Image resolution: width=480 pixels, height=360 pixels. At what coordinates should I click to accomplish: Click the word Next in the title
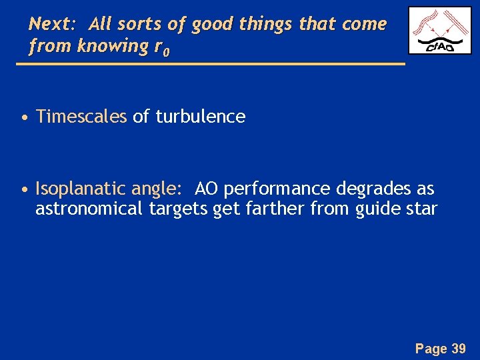(x=51, y=25)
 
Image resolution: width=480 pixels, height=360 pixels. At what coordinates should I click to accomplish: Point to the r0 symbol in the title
(x=163, y=48)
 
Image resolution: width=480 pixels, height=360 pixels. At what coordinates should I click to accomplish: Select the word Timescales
(x=81, y=117)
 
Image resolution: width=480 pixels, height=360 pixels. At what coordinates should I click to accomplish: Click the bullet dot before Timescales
(x=24, y=118)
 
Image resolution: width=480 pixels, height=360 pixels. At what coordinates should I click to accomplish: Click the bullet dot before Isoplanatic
(x=24, y=190)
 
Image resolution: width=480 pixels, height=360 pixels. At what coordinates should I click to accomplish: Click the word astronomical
(x=89, y=209)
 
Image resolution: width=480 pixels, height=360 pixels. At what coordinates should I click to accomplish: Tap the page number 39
(x=459, y=347)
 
